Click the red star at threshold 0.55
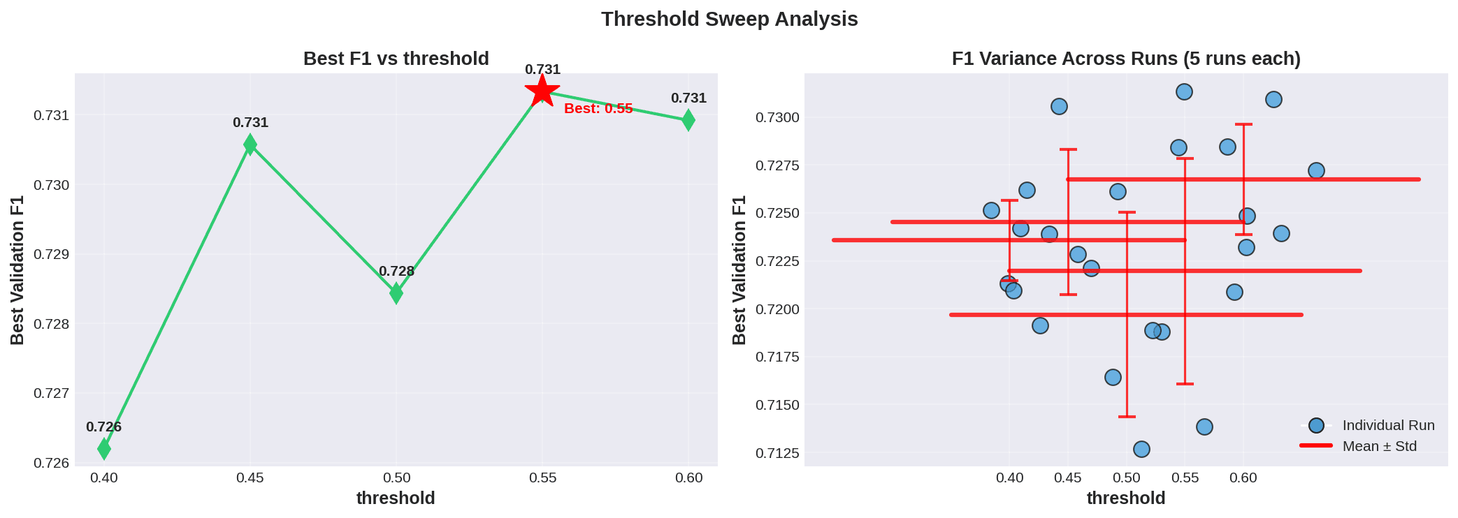[x=542, y=91]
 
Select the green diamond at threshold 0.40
[x=104, y=448]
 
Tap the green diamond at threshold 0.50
[x=396, y=293]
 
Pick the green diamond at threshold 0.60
[x=688, y=120]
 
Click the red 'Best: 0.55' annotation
[x=598, y=109]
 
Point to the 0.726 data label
[x=103, y=427]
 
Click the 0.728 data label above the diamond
[x=396, y=272]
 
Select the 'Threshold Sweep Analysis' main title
[x=729, y=19]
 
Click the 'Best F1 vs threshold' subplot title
[x=396, y=59]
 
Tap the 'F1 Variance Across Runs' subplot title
[x=1125, y=59]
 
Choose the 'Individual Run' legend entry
[x=1387, y=425]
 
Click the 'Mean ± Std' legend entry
[x=1379, y=446]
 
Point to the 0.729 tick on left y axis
[x=51, y=254]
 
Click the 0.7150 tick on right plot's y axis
[x=777, y=405]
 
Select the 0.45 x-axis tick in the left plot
[x=250, y=478]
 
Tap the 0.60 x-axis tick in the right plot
[x=1243, y=478]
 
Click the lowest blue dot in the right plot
[x=1141, y=449]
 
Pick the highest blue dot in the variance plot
[x=1184, y=92]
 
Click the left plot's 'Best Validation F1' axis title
[x=17, y=269]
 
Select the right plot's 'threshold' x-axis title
[x=1125, y=498]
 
